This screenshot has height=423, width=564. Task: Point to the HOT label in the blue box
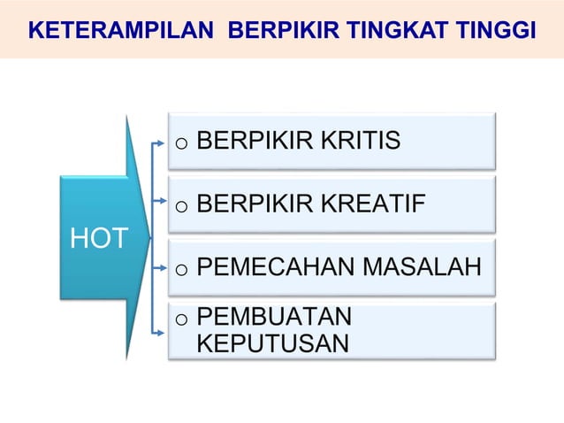coord(98,238)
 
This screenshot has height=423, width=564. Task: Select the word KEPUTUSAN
coord(272,342)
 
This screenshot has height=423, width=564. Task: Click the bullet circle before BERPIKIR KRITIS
coord(180,143)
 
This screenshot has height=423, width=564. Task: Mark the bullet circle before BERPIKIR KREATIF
coord(180,208)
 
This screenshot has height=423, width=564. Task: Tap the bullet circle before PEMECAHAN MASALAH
coord(180,269)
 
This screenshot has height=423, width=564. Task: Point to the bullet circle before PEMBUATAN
coord(180,319)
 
